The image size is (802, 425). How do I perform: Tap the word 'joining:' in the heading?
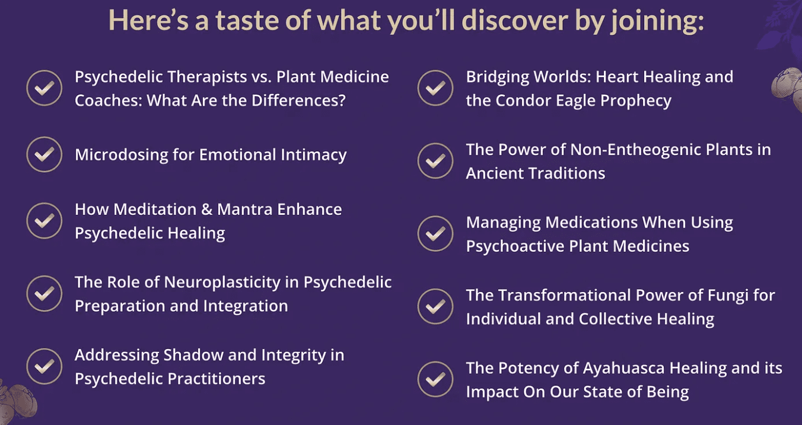pyautogui.click(x=657, y=21)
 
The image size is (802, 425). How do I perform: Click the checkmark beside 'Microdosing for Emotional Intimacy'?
pyautogui.click(x=44, y=154)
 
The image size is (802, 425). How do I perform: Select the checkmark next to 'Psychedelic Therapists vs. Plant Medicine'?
pyautogui.click(x=44, y=88)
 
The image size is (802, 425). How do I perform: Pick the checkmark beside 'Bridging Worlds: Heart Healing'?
pyautogui.click(x=435, y=88)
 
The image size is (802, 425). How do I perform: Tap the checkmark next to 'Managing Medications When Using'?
pyautogui.click(x=435, y=234)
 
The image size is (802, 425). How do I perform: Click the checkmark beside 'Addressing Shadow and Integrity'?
pyautogui.click(x=44, y=367)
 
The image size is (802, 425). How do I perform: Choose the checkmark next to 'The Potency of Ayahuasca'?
pyautogui.click(x=435, y=379)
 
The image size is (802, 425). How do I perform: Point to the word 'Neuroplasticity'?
pyautogui.click(x=222, y=283)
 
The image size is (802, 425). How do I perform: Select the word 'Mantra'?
pyautogui.click(x=245, y=210)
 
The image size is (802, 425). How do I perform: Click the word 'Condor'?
pyautogui.click(x=523, y=101)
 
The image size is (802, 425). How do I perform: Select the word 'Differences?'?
pyautogui.click(x=298, y=101)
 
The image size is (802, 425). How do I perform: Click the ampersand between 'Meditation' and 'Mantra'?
pyautogui.click(x=206, y=210)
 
